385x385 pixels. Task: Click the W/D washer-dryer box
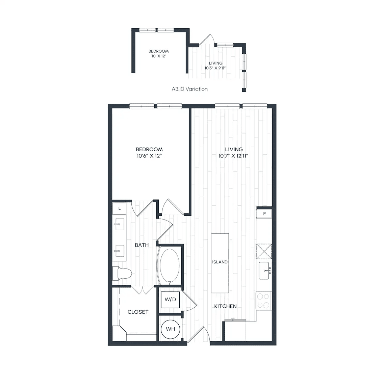[170, 300]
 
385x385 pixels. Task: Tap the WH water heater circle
[171, 329]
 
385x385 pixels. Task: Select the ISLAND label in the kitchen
[220, 262]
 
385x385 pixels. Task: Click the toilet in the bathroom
[122, 274]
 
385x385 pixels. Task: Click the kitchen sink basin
[264, 271]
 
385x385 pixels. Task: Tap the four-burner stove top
[263, 301]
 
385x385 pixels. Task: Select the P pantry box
[264, 214]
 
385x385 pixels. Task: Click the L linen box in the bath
[119, 208]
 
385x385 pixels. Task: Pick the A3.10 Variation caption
[189, 89]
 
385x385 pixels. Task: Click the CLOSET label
[138, 312]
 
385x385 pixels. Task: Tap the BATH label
[142, 245]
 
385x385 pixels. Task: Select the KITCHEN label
[225, 306]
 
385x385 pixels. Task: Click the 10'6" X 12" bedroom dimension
[149, 156]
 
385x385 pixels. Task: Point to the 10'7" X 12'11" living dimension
[233, 156]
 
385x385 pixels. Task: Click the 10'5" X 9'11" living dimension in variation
[215, 68]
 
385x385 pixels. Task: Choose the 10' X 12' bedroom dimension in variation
[159, 56]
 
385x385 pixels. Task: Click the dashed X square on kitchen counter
[264, 251]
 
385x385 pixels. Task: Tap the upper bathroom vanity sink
[120, 224]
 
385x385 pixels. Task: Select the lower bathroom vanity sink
[120, 251]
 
